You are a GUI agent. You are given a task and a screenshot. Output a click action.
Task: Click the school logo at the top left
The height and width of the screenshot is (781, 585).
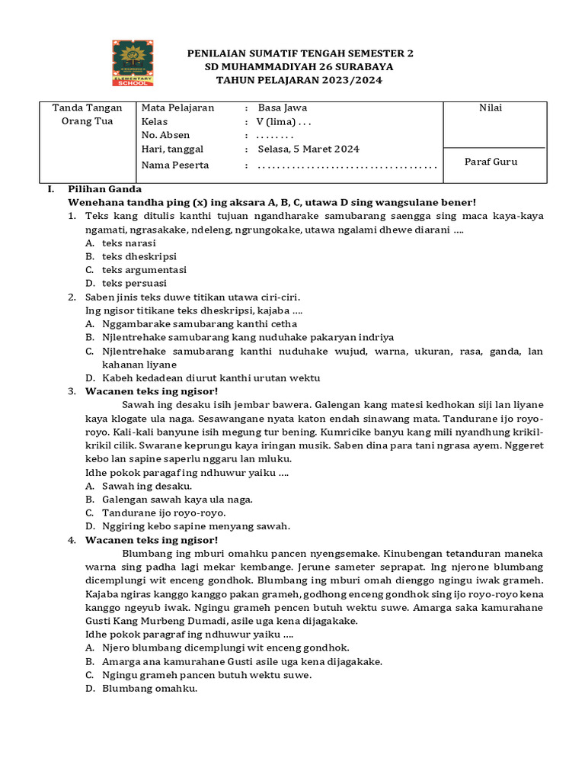(x=133, y=63)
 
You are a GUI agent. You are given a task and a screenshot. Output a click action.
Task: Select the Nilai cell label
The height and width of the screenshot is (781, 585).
(x=490, y=108)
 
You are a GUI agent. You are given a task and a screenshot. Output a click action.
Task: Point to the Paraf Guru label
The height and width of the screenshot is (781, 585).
(x=491, y=162)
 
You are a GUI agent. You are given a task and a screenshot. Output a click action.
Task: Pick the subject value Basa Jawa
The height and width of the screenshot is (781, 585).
(x=283, y=108)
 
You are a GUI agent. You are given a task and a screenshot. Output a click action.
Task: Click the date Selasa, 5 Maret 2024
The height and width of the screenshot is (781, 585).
(x=308, y=149)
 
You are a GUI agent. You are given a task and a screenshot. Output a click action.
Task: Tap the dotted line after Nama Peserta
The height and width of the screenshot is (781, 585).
(x=347, y=166)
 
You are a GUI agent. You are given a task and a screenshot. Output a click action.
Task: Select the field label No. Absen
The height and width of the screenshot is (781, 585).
(x=165, y=136)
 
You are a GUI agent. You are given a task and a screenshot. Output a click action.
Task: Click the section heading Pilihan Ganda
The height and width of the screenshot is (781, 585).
(x=104, y=188)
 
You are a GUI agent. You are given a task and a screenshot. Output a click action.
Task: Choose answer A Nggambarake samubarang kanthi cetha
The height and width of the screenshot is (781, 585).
(x=190, y=324)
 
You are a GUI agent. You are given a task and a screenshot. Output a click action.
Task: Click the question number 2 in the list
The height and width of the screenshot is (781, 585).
(x=72, y=297)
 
